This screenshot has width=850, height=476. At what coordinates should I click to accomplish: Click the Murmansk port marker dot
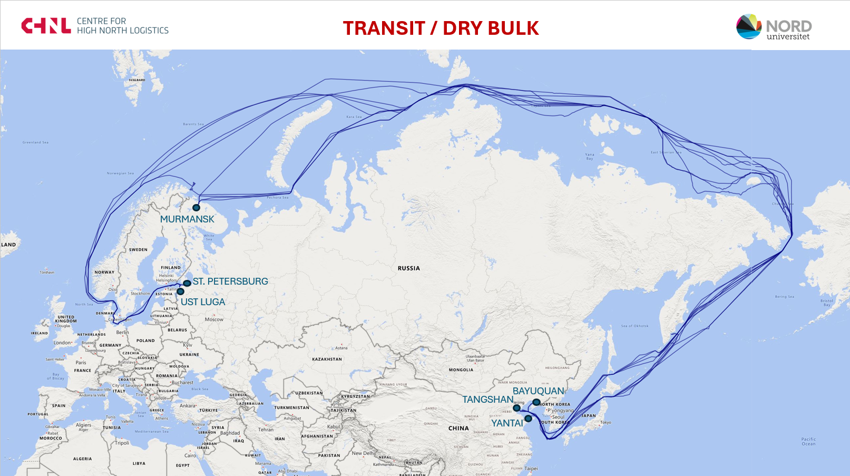point(196,208)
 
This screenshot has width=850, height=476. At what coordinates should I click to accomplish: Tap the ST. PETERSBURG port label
point(230,281)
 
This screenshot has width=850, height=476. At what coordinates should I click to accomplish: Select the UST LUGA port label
point(203,302)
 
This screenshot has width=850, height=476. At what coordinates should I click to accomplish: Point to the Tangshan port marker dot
point(516,408)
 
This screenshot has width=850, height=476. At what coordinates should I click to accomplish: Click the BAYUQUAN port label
point(538,391)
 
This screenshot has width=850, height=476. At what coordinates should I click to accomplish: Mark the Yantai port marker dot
point(528,419)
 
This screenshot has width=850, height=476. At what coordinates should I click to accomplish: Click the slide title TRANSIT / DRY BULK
point(441,28)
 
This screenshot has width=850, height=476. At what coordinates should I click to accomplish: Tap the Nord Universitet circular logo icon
point(749,27)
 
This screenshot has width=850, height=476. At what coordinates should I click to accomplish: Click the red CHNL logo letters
point(46,26)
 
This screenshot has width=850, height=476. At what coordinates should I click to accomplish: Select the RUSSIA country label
point(409,268)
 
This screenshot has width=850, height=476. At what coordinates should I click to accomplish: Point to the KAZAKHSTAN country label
point(327,360)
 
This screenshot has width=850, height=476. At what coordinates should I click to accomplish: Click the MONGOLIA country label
point(461,370)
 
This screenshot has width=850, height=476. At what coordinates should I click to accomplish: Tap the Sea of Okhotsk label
point(634,326)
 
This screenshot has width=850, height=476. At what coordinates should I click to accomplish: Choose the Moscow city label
point(214,319)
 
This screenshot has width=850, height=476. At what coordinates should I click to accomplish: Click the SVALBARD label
point(137,80)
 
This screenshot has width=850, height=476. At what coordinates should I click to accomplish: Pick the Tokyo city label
point(605,422)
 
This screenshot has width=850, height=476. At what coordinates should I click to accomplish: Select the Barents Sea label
point(193,124)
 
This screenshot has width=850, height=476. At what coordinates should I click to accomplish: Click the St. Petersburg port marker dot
point(187,284)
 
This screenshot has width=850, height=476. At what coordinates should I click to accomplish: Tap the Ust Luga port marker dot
point(180,292)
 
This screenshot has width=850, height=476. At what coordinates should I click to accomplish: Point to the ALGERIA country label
point(82,459)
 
